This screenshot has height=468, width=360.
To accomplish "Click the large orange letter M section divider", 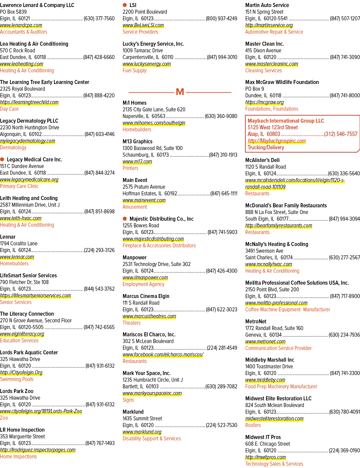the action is click(x=180, y=92).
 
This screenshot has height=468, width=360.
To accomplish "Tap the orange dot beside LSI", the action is click(x=125, y=5).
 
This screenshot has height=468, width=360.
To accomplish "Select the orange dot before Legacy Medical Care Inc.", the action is click(x=2, y=159).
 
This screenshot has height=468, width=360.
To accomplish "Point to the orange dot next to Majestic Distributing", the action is click(x=125, y=219).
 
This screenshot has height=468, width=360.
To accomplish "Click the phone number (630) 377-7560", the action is click(x=99, y=19).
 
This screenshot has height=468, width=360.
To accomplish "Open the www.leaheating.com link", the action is click(x=22, y=64).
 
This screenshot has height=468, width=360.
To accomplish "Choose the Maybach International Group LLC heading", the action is click(x=286, y=121).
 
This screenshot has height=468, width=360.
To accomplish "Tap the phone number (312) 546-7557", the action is click(x=341, y=134).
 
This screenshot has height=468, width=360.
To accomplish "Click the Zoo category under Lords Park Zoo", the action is click(x=4, y=418).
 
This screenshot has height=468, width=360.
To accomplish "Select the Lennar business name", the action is click(x=8, y=237).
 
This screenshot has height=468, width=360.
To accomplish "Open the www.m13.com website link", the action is click(x=137, y=162).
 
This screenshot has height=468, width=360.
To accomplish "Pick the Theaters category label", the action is click(x=132, y=323).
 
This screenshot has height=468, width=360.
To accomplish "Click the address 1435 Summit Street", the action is click(x=142, y=418).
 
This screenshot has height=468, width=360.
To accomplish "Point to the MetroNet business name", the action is click(x=256, y=322).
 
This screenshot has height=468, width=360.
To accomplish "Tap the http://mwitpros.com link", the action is click(x=265, y=457).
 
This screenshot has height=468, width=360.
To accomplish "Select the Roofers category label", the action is click(x=253, y=425).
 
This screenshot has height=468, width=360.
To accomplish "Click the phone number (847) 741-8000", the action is click(x=345, y=95).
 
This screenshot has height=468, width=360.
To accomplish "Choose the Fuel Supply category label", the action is click(x=135, y=71).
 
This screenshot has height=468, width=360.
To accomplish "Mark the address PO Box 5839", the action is click(x=13, y=12).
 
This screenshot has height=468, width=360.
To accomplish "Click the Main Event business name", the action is click(x=135, y=180).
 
